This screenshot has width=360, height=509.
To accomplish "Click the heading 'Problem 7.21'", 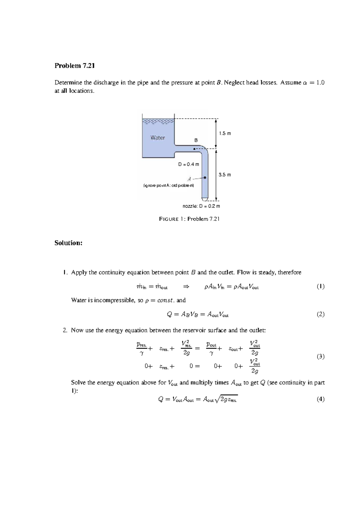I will click(74, 66).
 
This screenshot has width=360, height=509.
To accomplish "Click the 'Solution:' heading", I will click(68, 243).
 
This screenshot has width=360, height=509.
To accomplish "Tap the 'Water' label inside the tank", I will click(157, 138).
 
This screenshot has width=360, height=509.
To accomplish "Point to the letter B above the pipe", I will click(196, 140).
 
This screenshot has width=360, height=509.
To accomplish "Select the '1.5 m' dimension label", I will click(225, 133).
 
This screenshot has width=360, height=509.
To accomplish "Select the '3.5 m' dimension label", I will click(225, 174).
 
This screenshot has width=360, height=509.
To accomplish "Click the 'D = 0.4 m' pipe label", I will click(188, 164).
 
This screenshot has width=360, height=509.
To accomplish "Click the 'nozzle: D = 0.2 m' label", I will click(201, 206).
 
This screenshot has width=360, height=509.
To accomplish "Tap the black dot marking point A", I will click(205, 177).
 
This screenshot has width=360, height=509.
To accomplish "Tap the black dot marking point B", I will click(194, 149).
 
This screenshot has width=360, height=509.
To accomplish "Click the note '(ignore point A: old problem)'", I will click(169, 186).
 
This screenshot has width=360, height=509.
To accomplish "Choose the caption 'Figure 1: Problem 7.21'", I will click(189, 219).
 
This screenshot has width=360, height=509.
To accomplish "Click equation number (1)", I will click(320, 287).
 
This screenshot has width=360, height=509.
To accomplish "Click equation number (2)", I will click(320, 314).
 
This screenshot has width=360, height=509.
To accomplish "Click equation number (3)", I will click(320, 356).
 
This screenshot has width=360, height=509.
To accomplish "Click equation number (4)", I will click(320, 399).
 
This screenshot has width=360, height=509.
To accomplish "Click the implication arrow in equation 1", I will click(186, 287).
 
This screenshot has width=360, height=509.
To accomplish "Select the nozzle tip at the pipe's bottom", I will click(205, 199).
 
